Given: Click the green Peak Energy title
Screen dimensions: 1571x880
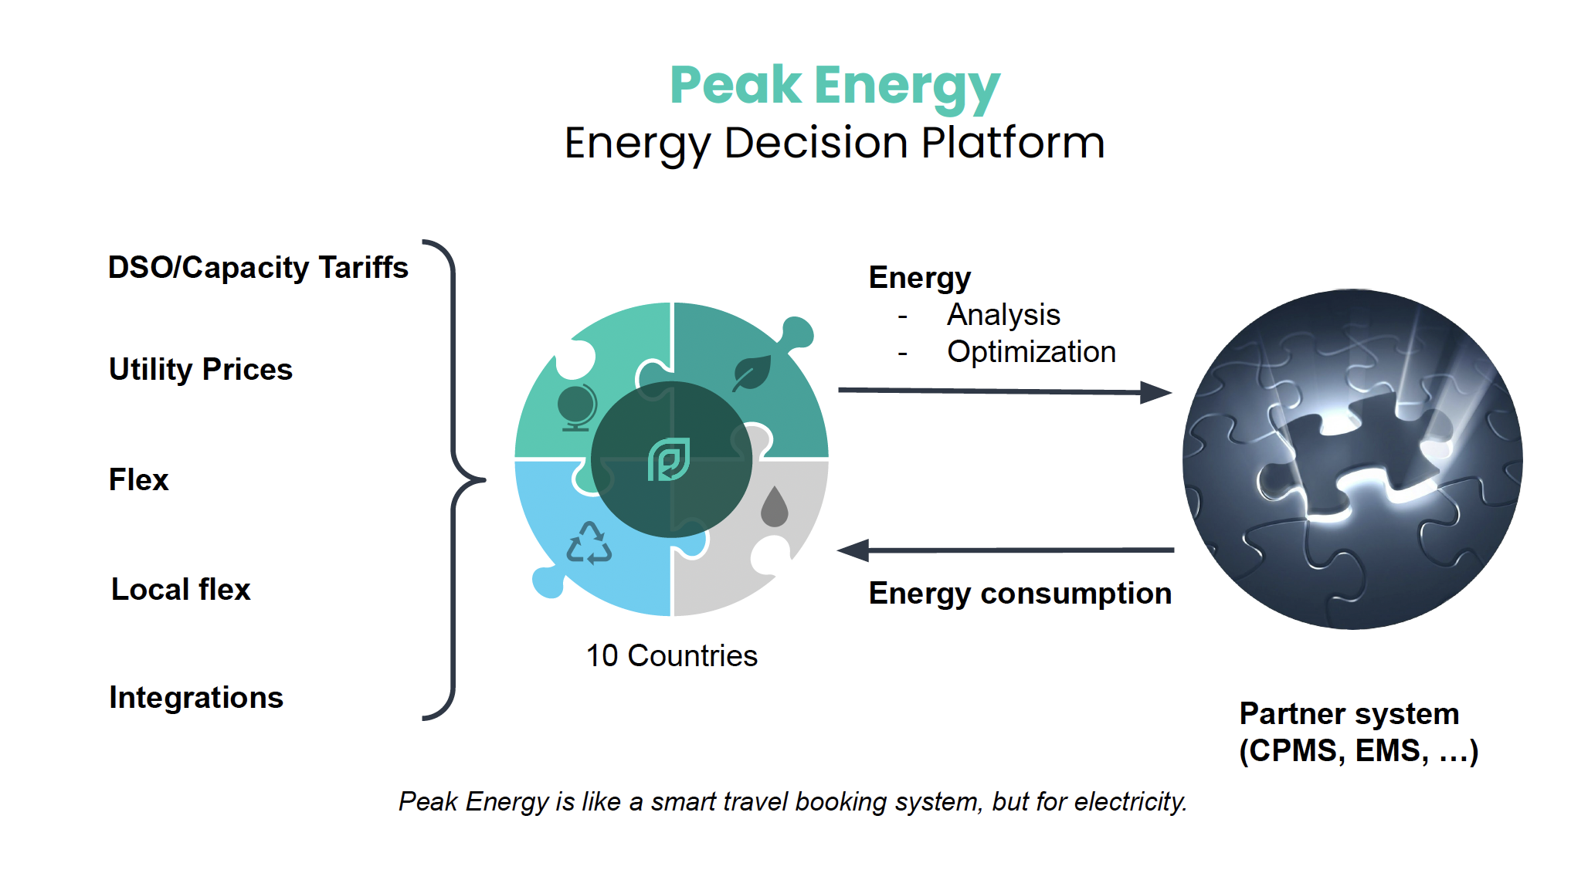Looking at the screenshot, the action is click(835, 86).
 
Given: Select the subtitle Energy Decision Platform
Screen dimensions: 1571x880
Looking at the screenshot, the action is click(835, 144).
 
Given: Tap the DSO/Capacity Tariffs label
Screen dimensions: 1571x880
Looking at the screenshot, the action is click(258, 268).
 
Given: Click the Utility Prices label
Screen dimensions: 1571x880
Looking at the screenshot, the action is click(201, 370).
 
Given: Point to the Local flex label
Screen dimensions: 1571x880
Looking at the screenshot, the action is click(181, 590).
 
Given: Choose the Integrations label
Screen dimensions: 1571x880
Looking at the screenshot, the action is click(196, 698).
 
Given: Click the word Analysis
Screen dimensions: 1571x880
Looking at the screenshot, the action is click(1003, 316).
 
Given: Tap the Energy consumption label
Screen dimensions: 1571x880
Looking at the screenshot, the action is click(1020, 594).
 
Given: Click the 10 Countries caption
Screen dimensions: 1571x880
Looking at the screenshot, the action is click(672, 656).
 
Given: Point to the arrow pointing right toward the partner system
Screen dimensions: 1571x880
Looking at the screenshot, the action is click(1005, 391).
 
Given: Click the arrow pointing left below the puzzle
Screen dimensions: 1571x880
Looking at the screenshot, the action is click(1006, 550).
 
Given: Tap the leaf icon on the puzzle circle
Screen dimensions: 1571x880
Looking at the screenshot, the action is click(752, 373).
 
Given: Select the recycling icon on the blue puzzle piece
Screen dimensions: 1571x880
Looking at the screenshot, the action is click(589, 543).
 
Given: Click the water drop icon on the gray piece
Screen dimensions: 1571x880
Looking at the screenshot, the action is click(774, 506).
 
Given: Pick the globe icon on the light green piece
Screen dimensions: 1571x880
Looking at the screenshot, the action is click(577, 407).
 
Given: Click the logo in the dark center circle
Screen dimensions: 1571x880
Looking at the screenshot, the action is click(669, 460).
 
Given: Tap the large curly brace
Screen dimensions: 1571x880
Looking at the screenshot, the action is click(453, 480).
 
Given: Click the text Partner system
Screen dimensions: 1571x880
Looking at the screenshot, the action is click(1349, 714).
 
